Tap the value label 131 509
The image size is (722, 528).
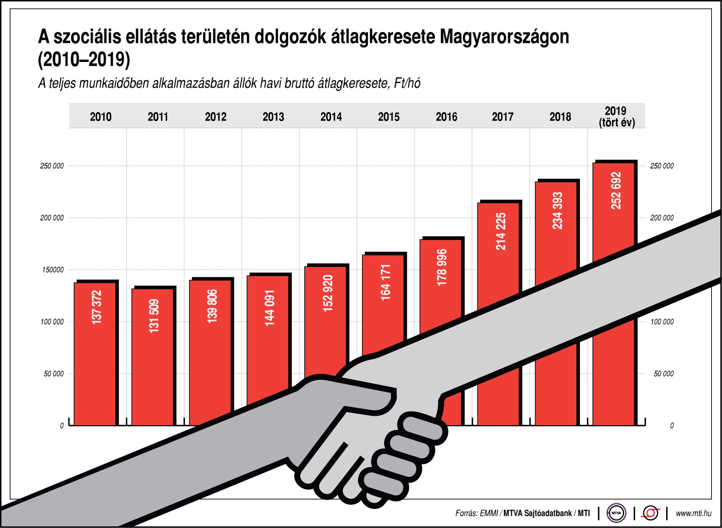(x=154, y=316)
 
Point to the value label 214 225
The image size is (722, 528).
(x=501, y=231)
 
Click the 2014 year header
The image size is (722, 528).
(x=331, y=117)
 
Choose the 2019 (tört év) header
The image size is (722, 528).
(x=616, y=117)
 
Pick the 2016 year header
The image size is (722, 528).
(x=446, y=117)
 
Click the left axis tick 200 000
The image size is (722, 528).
(x=52, y=218)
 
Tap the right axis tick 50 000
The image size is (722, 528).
(x=664, y=374)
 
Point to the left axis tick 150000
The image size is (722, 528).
(x=53, y=270)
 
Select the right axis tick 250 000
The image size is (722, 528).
(x=662, y=166)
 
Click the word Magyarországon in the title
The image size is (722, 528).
(x=504, y=37)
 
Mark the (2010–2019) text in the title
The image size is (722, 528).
(x=84, y=60)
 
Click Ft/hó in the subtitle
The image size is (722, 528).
(x=407, y=83)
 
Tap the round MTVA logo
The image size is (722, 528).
(x=616, y=513)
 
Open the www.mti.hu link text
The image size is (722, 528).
(x=693, y=513)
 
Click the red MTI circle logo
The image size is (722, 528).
(x=650, y=513)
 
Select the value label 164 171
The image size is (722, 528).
(x=385, y=282)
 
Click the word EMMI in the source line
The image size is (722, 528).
(x=489, y=513)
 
